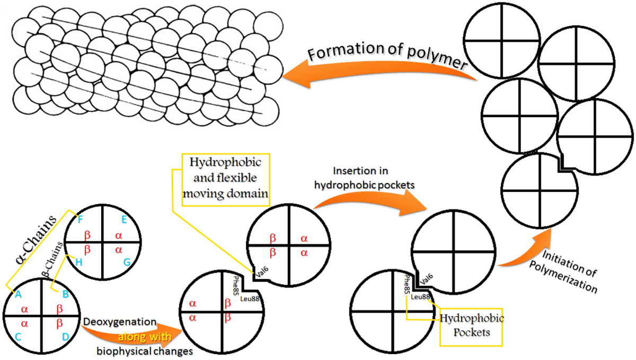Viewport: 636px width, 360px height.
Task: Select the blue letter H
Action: point(79,262)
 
